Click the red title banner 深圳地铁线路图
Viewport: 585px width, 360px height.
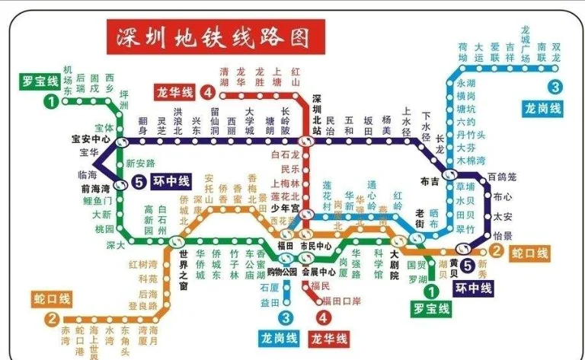[x=215, y=37]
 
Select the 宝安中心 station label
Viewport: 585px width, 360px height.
[x=91, y=139]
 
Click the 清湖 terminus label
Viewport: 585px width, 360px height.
[x=224, y=76]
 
